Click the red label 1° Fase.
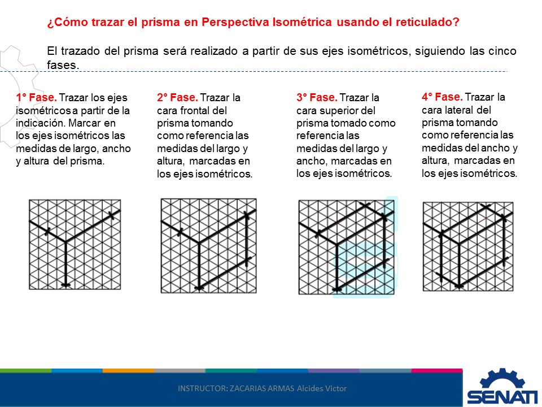[x=36, y=97]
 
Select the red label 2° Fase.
[x=177, y=97]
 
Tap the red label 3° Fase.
[x=317, y=97]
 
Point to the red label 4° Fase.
[x=442, y=97]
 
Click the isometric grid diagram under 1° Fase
[x=75, y=245]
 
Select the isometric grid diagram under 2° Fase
[x=208, y=245]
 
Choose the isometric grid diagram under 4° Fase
[x=468, y=246]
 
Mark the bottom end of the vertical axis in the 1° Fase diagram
[x=65, y=284]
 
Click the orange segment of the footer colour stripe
[x=128, y=371]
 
